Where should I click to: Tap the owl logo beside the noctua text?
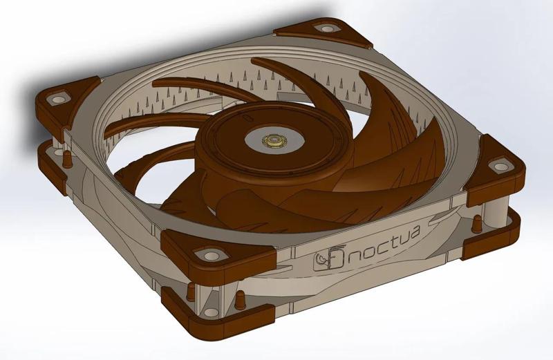330,259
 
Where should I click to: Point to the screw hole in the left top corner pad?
53,100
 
